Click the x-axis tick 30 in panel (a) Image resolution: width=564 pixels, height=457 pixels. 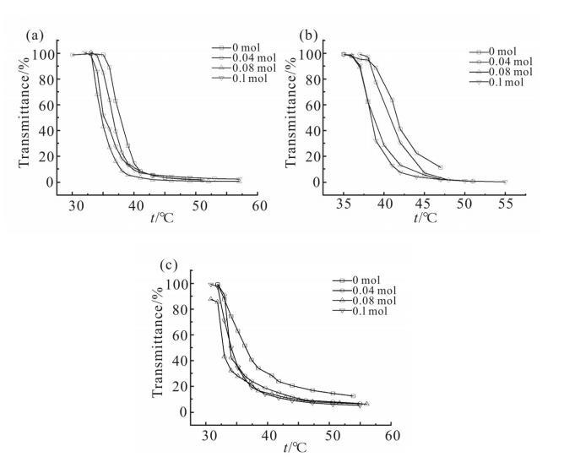click(73, 205)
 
